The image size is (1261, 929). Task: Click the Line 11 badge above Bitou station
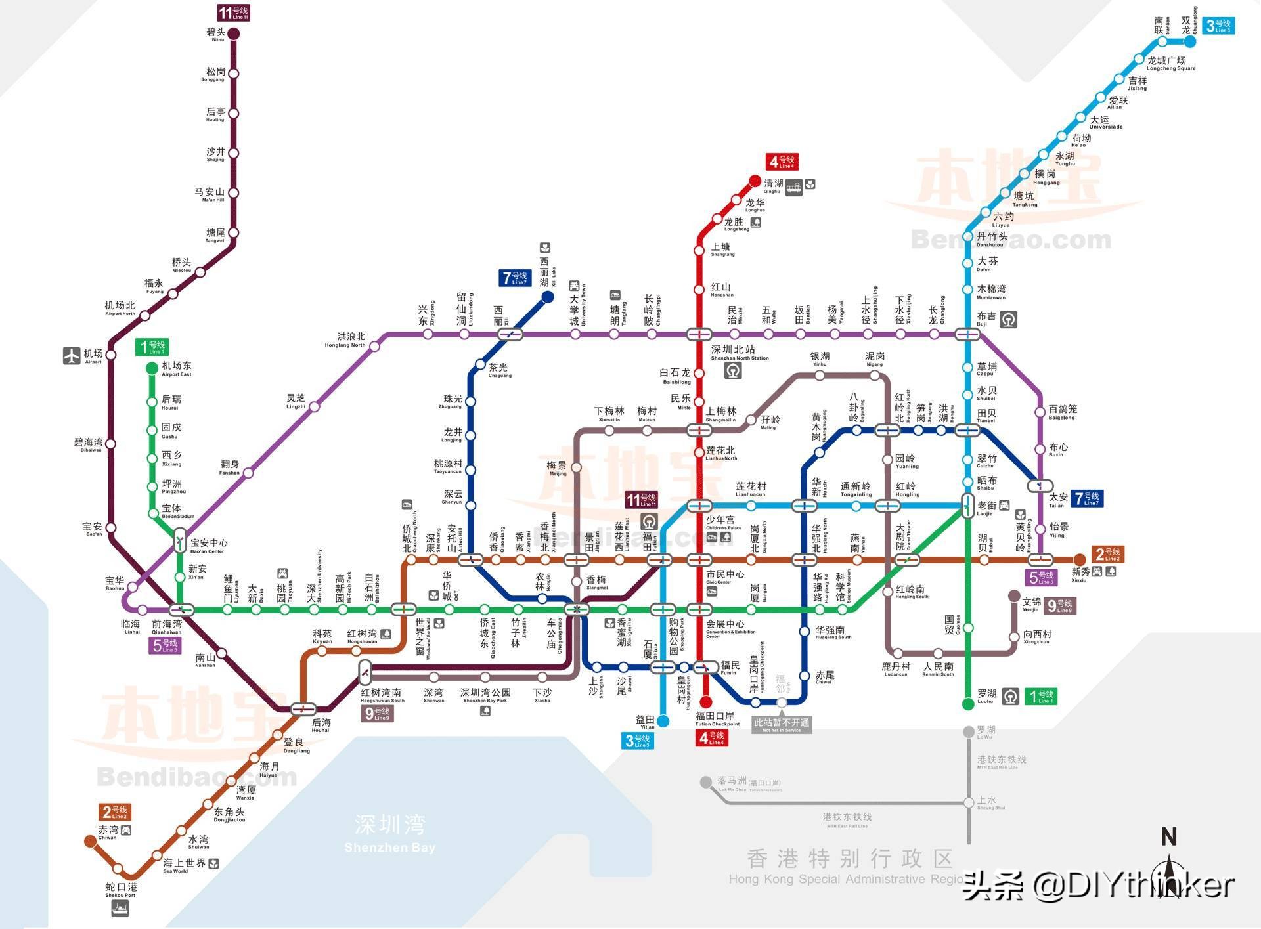(x=233, y=12)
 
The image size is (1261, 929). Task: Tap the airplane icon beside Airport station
(x=72, y=356)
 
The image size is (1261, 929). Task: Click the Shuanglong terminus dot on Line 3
(x=1189, y=41)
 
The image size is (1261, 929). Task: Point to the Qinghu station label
(x=773, y=186)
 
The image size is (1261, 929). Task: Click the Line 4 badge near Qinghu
(x=782, y=162)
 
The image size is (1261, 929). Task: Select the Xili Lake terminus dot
(x=547, y=297)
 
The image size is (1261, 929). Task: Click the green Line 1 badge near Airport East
(x=152, y=347)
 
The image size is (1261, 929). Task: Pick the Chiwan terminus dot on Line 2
(x=90, y=841)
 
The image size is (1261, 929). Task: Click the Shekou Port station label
(x=121, y=890)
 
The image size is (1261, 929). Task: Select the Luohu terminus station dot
(x=968, y=704)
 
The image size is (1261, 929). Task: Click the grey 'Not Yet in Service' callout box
(x=782, y=725)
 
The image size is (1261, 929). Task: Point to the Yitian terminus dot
(x=663, y=722)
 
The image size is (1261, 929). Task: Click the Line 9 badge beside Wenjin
(x=1059, y=605)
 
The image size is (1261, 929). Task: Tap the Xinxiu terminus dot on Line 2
(x=1079, y=560)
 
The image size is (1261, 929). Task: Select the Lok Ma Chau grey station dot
(x=706, y=782)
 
